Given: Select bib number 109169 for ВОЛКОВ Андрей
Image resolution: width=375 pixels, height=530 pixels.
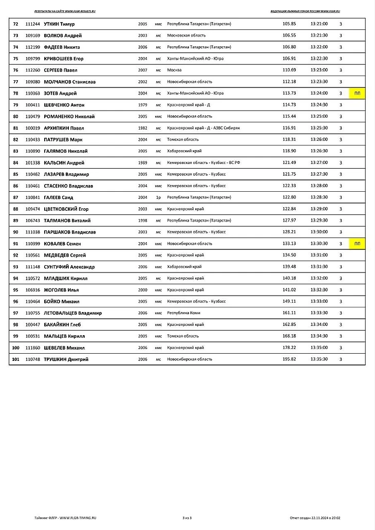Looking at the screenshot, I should pyautogui.click(x=33, y=35).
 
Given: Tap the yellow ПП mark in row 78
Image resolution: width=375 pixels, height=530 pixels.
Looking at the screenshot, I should pyautogui.click(x=358, y=94).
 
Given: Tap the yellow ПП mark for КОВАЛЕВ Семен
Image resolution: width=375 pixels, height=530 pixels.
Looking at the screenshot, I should pyautogui.click(x=358, y=244).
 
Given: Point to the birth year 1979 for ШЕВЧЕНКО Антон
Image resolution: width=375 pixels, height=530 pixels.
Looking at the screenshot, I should pyautogui.click(x=142, y=105).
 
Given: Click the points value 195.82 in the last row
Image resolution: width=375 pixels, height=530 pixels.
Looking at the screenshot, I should pyautogui.click(x=289, y=359).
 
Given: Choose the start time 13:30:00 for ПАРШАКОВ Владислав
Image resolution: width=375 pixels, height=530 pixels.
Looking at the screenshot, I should pyautogui.click(x=319, y=232).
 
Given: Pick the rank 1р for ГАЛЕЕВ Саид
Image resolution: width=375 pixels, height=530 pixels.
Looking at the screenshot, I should pyautogui.click(x=158, y=197).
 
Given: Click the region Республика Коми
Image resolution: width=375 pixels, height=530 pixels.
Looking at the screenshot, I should pyautogui.click(x=184, y=313).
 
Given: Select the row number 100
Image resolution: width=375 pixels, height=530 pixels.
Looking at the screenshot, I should pyautogui.click(x=15, y=348).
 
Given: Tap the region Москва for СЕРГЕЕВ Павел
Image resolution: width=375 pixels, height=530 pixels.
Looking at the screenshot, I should pyautogui.click(x=175, y=70).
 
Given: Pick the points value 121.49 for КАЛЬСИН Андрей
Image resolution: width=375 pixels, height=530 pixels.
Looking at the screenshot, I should pyautogui.click(x=289, y=162).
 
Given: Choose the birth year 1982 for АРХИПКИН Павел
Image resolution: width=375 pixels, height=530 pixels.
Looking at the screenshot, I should pyautogui.click(x=142, y=128).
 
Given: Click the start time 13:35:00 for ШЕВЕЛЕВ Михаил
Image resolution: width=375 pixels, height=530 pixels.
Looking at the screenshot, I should pyautogui.click(x=319, y=348).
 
